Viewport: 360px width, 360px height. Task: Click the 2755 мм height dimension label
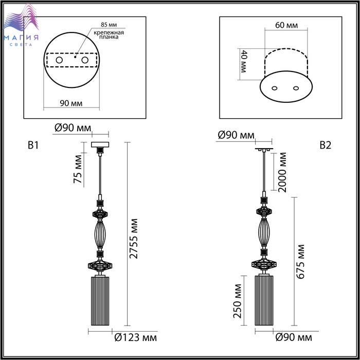(133, 239)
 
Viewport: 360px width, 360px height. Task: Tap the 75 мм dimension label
(78, 169)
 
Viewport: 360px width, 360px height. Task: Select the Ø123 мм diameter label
(136, 338)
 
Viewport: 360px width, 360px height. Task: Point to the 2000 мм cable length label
(282, 172)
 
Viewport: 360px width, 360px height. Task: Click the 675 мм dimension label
(300, 262)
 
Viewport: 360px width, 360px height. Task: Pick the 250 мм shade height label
(238, 301)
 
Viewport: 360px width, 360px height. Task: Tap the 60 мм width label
(286, 25)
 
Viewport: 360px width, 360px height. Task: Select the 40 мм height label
(243, 61)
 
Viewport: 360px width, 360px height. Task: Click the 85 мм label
(109, 24)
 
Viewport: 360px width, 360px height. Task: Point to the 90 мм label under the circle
(71, 103)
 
